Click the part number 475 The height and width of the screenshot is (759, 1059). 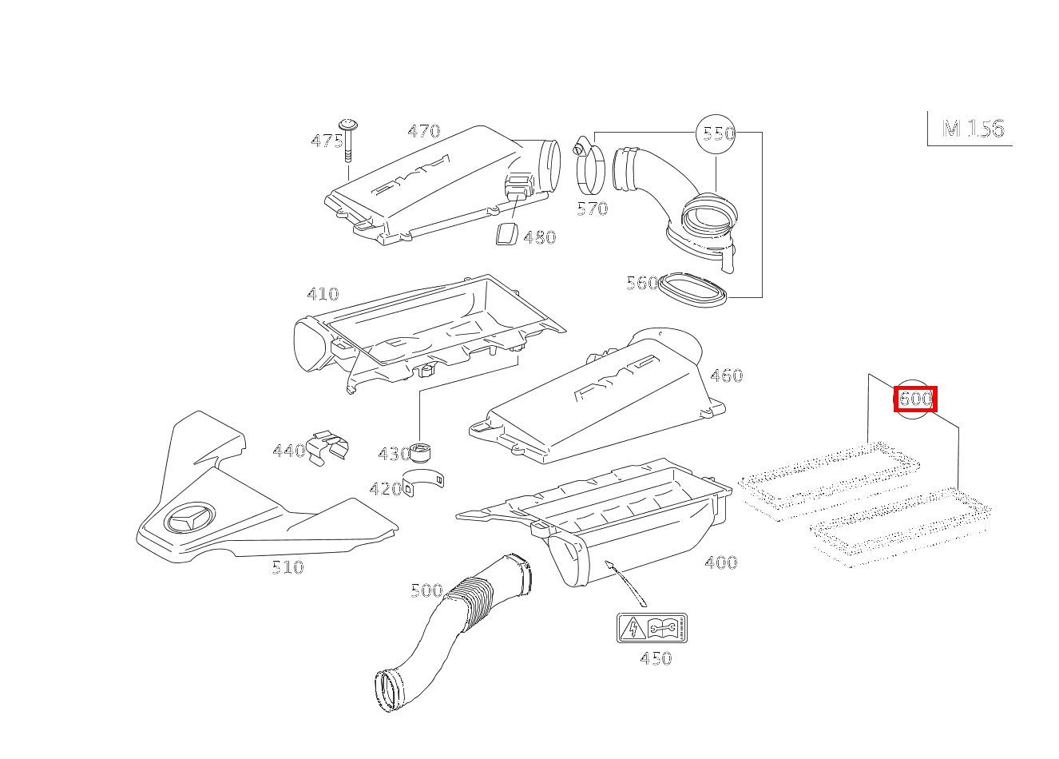click(x=327, y=141)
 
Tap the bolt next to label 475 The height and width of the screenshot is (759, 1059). click(x=348, y=141)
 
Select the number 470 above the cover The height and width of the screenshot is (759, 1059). click(x=424, y=130)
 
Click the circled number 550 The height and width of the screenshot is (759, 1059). click(x=716, y=134)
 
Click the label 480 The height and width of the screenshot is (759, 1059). click(x=540, y=237)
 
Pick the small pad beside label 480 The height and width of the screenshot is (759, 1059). click(x=506, y=233)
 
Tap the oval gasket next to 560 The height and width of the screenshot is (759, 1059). click(x=693, y=289)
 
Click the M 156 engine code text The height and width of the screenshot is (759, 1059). click(x=974, y=129)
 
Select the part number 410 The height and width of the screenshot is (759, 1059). click(x=323, y=294)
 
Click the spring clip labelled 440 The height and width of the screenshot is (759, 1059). click(x=327, y=448)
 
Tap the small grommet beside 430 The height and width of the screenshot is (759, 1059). click(x=420, y=453)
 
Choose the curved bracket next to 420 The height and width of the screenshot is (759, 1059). click(x=423, y=482)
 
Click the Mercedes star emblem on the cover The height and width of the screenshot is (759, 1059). click(x=189, y=519)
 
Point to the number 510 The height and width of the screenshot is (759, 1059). click(x=288, y=567)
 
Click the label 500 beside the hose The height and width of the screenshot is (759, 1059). click(x=426, y=590)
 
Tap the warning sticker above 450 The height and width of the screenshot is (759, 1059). click(x=652, y=628)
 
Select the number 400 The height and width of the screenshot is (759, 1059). click(x=721, y=562)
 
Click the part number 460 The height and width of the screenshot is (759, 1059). click(x=727, y=376)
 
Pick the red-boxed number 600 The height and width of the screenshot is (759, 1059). click(x=915, y=399)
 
